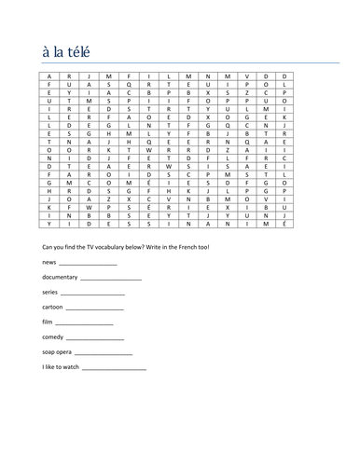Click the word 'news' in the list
click(x=49, y=264)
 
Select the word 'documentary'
click(x=61, y=279)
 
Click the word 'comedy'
click(x=53, y=337)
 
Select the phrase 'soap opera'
click(x=57, y=352)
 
